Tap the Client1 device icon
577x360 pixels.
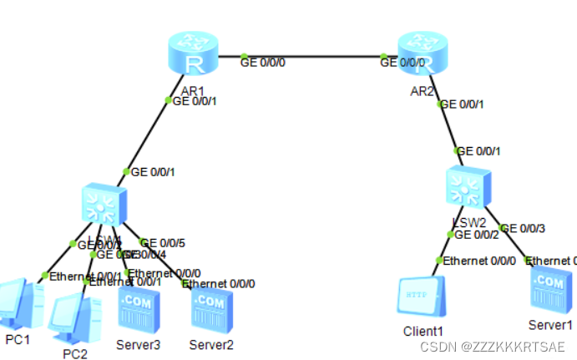pos(422,297)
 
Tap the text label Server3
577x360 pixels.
pos(139,344)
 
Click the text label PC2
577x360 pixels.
pos(75,353)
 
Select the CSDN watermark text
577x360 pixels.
pos(493,346)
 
